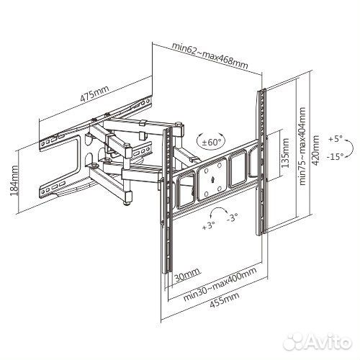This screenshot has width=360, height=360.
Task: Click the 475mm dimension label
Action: coord(94,94)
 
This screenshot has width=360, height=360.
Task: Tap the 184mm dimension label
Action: coord(14,180)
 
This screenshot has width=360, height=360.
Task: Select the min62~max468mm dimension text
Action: coord(210,55)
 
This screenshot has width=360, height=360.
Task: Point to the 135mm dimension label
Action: coord(285,153)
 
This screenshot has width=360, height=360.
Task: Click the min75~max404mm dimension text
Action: coord(302,146)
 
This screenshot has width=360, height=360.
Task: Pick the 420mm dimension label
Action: coord(316,150)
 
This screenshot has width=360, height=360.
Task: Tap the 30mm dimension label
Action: coord(187,276)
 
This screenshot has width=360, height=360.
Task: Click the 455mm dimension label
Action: coord(225,300)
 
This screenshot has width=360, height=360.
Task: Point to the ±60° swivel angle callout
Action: coord(211,142)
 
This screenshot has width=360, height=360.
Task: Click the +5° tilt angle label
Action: coord(336,139)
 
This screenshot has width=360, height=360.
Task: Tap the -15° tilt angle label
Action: coord(335,156)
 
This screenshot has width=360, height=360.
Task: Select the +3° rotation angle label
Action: coord(209,225)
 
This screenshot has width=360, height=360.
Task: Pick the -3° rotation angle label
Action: coord(232,217)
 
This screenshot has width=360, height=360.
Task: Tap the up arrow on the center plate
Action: coord(212,180)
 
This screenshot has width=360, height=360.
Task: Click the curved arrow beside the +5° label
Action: coord(350,148)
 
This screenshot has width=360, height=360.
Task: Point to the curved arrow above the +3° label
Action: coord(218,209)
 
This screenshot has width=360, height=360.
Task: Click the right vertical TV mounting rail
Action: coord(262,162)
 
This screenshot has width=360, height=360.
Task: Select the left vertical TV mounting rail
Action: coord(168,200)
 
